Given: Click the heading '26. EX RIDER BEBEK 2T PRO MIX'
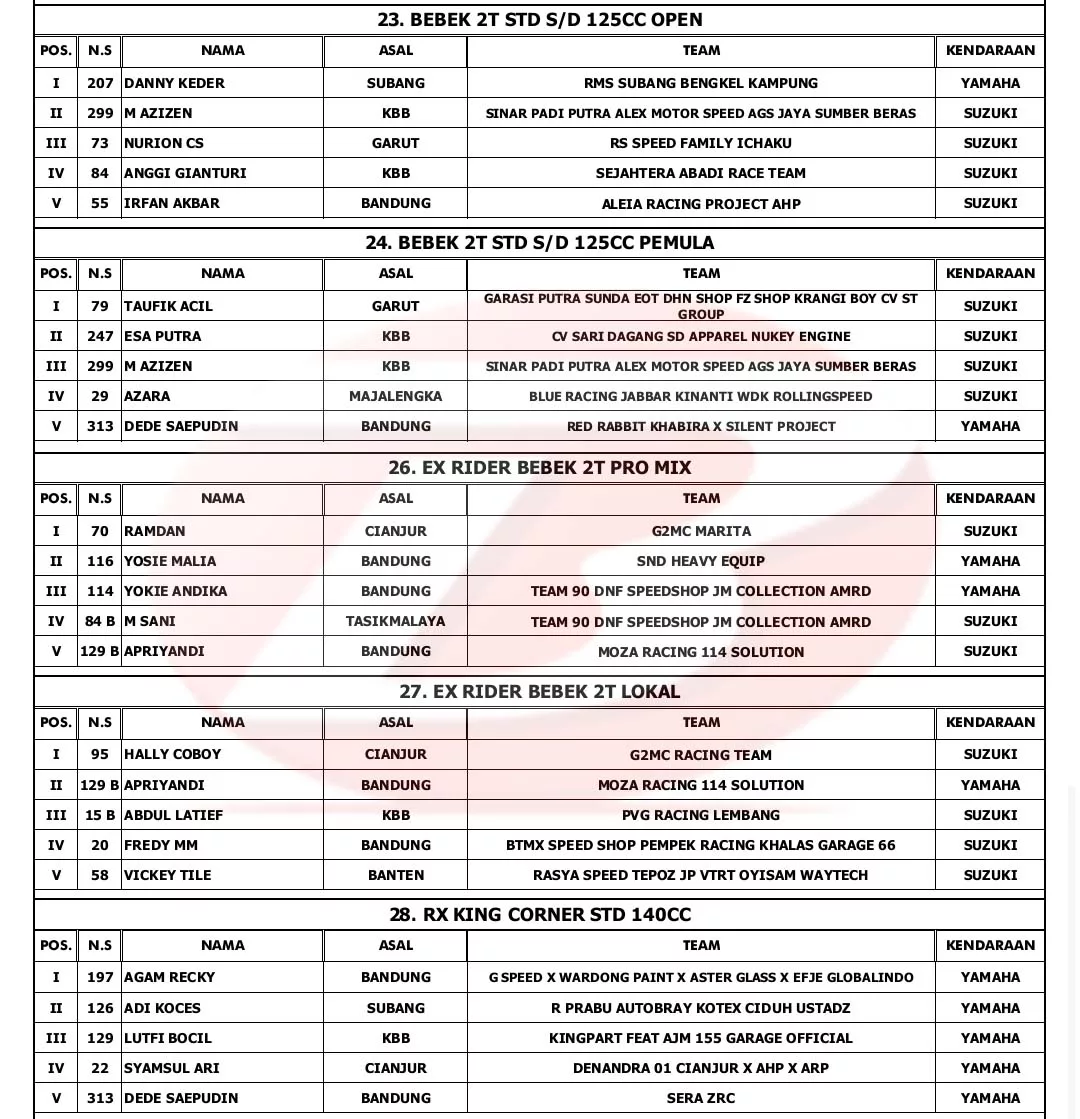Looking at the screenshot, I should (x=539, y=467).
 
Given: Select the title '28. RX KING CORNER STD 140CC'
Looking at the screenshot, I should (x=539, y=914).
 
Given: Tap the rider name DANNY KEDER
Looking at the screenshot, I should (x=174, y=83).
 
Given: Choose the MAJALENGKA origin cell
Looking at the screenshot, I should (x=395, y=396).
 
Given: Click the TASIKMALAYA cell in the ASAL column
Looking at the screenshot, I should (x=395, y=621).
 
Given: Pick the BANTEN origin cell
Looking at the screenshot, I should (x=395, y=875).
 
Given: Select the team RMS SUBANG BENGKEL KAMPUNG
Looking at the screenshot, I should (x=700, y=83).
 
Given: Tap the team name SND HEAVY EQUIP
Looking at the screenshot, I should (x=700, y=561).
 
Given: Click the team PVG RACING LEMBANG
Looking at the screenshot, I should (x=700, y=815).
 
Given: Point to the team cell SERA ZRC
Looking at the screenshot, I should (x=700, y=1098).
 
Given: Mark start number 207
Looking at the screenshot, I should (x=100, y=83).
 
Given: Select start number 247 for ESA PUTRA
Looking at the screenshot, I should (x=100, y=336).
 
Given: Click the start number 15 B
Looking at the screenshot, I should (x=100, y=815).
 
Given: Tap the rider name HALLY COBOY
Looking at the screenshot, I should (x=172, y=754).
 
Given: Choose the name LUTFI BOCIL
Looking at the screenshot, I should (x=167, y=1038).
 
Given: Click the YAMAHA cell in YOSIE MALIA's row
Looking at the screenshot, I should (x=990, y=561).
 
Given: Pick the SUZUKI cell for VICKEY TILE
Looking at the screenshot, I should (x=990, y=875).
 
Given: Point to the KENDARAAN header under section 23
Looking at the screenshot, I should (x=990, y=50).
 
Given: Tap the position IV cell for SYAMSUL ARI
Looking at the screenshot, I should (x=56, y=1068).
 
